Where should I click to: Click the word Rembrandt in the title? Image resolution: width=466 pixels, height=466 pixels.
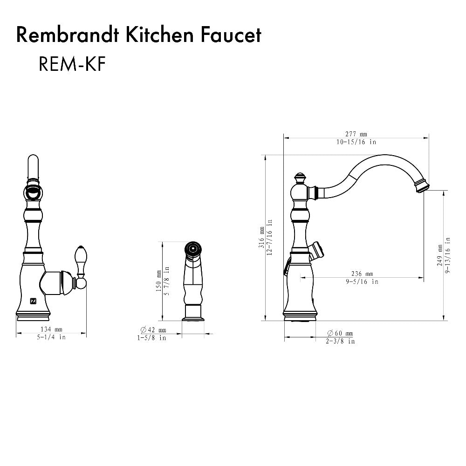coord(63,35)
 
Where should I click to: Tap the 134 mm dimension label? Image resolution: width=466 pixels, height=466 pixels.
coord(51,330)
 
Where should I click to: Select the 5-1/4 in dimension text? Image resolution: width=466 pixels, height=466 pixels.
coord(51,337)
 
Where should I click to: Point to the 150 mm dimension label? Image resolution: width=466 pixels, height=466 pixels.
coord(159,281)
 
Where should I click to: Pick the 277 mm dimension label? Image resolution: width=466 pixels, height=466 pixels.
coord(356,134)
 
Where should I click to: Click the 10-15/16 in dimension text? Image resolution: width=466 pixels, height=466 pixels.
coord(356,142)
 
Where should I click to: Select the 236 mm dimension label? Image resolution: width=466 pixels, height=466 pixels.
coord(362,274)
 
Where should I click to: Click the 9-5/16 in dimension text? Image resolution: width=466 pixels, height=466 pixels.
coord(362,281)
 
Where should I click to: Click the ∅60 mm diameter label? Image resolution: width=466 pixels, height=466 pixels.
coord(340,333)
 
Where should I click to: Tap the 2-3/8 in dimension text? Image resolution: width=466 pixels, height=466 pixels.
coord(340,341)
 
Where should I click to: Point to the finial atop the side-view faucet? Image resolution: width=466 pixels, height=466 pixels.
coord(300,178)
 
